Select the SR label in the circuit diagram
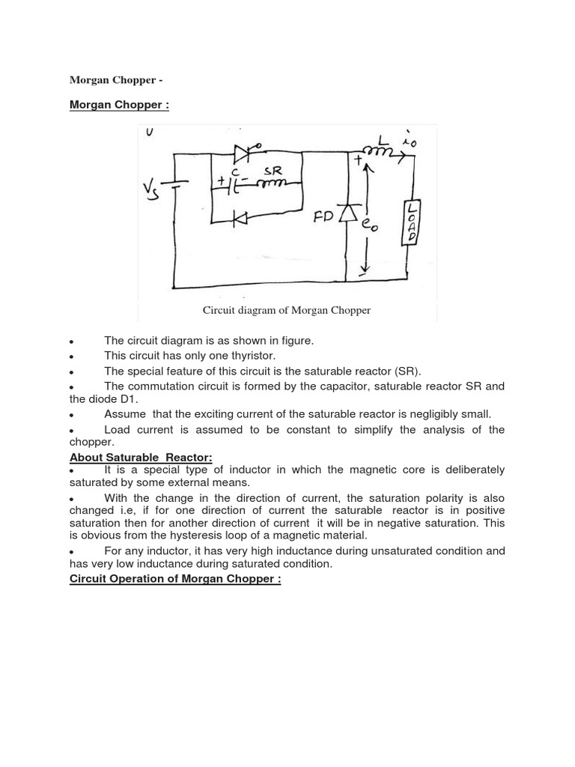271,171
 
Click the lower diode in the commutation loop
240,218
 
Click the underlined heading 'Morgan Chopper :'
119,105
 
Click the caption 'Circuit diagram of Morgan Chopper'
287,310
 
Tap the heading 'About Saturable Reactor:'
141,457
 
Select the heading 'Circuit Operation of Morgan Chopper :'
175,580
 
